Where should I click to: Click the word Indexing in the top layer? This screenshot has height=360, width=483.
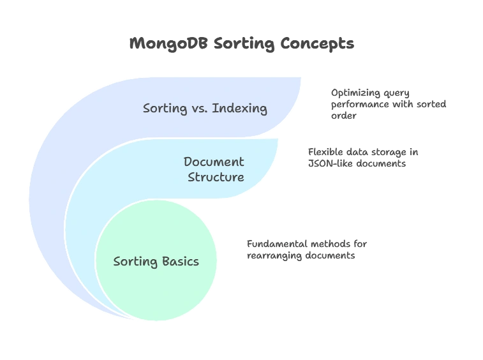click(239, 108)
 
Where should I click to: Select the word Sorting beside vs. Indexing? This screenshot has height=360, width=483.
click(164, 108)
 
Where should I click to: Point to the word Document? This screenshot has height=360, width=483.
click(214, 161)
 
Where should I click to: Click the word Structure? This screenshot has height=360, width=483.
click(216, 177)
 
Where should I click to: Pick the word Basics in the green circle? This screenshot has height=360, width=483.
click(179, 261)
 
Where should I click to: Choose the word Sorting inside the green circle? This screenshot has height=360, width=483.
click(134, 261)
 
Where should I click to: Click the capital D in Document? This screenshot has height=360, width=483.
click(188, 161)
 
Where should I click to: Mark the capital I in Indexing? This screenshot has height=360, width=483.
click(214, 108)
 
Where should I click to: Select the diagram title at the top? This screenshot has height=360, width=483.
click(242, 44)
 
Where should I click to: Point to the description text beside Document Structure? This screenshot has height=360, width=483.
click(362, 158)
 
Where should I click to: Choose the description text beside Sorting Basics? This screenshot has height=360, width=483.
click(305, 249)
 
